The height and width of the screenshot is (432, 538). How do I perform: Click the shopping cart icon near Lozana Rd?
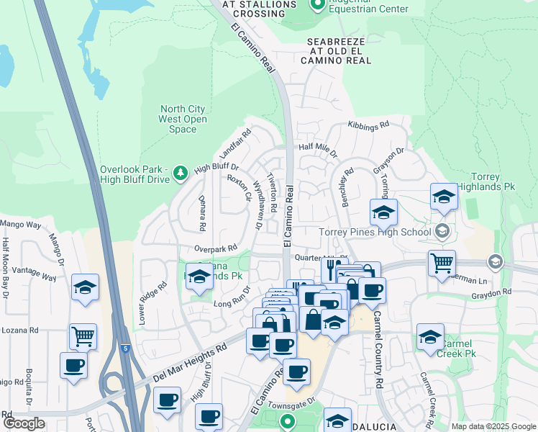point(83,336)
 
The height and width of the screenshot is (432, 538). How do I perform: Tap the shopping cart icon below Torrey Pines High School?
point(442,262)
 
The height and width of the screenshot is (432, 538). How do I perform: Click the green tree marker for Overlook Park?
point(180,171)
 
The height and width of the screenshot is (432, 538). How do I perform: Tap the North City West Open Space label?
point(183,120)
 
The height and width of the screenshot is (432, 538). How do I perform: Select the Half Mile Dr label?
point(317,149)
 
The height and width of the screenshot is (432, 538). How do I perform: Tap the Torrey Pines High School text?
point(374,232)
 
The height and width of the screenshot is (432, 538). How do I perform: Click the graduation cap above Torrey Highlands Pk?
point(444,195)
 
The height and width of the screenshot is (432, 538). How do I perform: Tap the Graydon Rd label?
point(491,292)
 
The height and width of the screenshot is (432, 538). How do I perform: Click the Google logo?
point(24,423)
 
